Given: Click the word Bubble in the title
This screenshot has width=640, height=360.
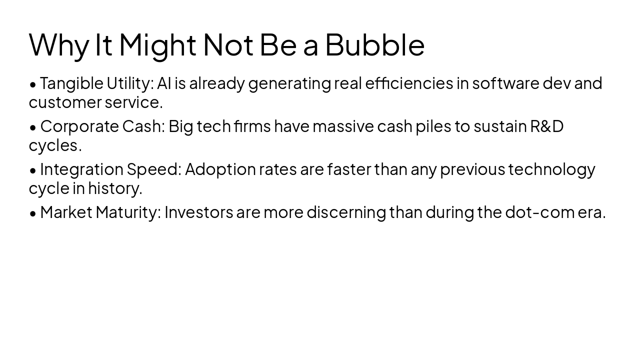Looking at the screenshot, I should point(374,44).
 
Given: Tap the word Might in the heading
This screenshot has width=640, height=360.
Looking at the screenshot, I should point(157,44).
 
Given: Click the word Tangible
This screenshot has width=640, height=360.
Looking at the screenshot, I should point(71,83).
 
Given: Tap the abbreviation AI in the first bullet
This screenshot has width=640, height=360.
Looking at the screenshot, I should point(164,83).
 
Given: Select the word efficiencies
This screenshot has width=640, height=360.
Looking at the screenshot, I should point(409,83).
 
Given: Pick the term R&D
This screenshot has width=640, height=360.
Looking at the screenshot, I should point(546,126).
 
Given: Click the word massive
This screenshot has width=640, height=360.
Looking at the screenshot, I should point(343,126).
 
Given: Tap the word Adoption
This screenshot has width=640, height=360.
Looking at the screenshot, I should point(220,169).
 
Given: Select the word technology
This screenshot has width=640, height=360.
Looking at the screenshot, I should point(551,169).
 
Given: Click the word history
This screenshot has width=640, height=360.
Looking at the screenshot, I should point(115,188).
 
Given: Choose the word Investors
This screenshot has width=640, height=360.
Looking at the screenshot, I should point(199,212).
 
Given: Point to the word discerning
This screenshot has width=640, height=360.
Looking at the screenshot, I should point(346,212).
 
